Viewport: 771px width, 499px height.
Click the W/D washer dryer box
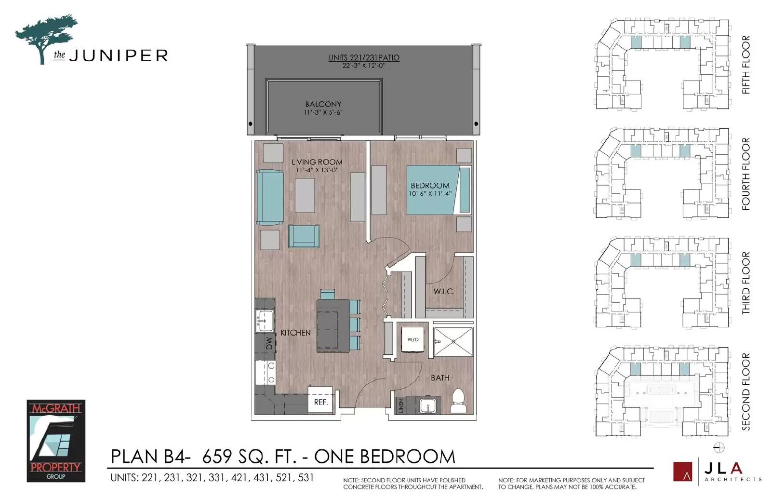pyautogui.click(x=413, y=339)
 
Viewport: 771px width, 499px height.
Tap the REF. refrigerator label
pyautogui.click(x=320, y=402)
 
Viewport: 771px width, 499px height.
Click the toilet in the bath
pyautogui.click(x=458, y=401)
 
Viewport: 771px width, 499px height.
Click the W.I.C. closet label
pyautogui.click(x=443, y=291)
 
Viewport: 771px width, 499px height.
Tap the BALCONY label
pyautogui.click(x=323, y=104)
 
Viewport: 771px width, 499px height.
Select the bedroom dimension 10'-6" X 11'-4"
pyautogui.click(x=430, y=194)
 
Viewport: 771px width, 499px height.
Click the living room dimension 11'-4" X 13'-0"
pyautogui.click(x=317, y=170)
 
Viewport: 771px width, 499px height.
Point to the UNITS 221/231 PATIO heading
pyautogui.click(x=364, y=57)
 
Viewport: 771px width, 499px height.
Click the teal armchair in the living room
pyautogui.click(x=304, y=236)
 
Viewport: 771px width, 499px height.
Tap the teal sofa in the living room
pyautogui.click(x=270, y=197)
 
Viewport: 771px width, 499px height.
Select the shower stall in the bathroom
pyautogui.click(x=453, y=342)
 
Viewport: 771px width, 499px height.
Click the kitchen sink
pyautogui.click(x=264, y=321)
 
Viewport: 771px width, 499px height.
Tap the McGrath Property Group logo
pyautogui.click(x=56, y=441)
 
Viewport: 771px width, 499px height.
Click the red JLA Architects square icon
pyautogui.click(x=682, y=472)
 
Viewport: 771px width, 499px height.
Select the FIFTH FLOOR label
pyautogui.click(x=746, y=65)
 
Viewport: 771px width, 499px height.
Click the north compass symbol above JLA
pyautogui.click(x=719, y=447)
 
